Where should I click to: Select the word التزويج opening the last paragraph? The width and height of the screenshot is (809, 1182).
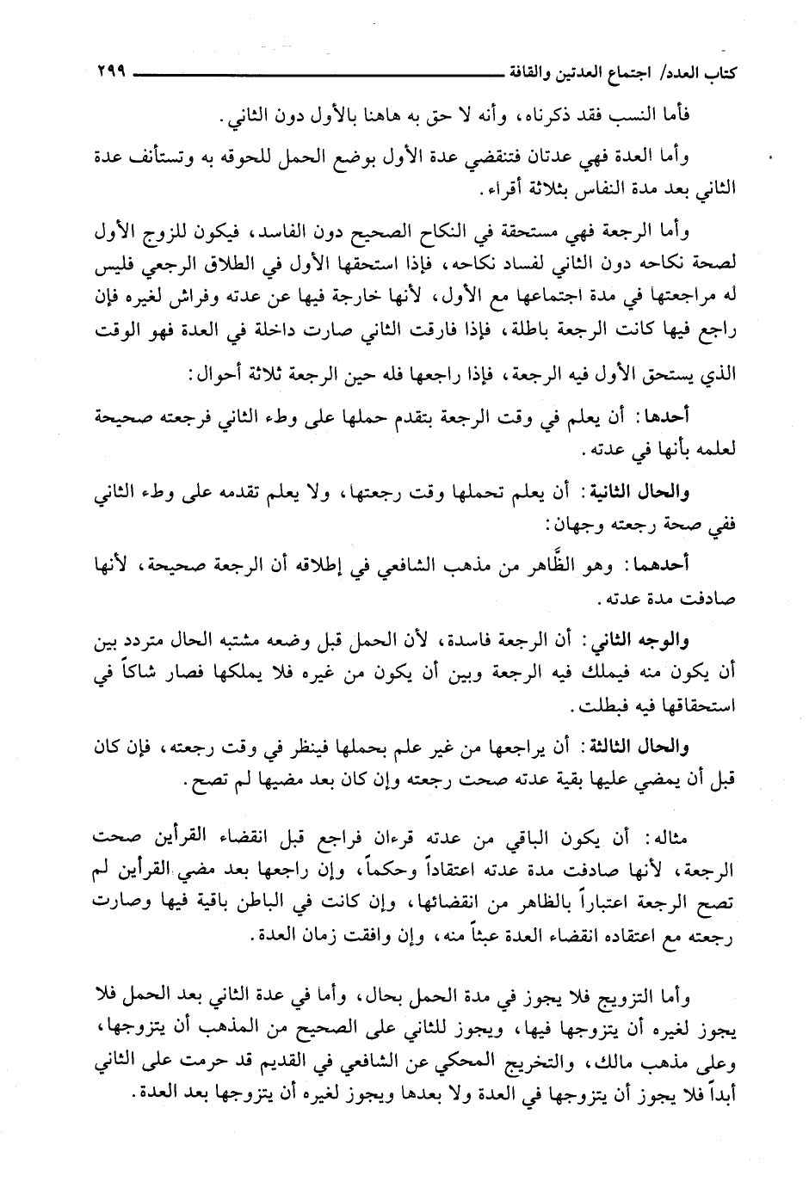pyautogui.click(x=642, y=996)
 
